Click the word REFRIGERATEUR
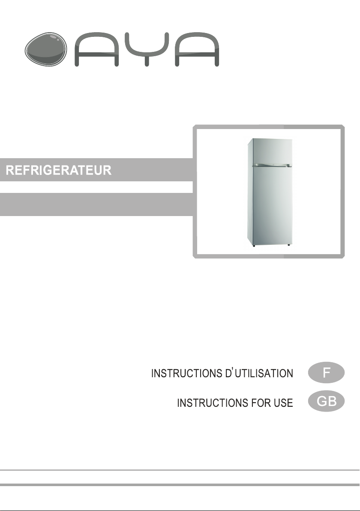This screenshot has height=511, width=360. (x=59, y=170)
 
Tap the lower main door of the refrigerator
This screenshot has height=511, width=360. (x=272, y=206)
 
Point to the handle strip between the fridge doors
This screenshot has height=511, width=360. (x=272, y=165)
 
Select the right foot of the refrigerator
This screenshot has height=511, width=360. (x=289, y=245)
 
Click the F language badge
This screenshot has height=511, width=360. (x=326, y=373)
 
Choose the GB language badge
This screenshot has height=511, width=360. (x=326, y=402)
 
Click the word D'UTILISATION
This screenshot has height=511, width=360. (x=259, y=373)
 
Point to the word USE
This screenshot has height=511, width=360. (x=284, y=403)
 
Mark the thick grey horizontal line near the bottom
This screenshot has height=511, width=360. (x=180, y=485)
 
